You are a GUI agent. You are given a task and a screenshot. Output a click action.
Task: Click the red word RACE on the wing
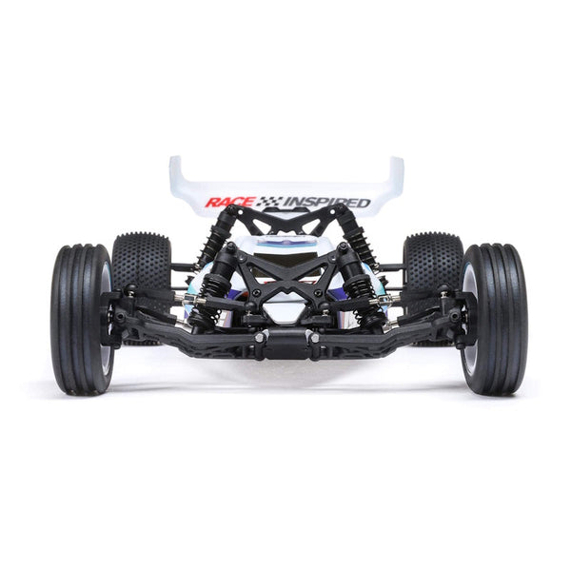tap(229, 202)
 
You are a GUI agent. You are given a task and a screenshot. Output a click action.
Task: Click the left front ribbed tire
tap(82, 318)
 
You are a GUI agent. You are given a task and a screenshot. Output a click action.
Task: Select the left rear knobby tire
tap(141, 263)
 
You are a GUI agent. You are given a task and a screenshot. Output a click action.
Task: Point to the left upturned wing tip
tap(176, 176)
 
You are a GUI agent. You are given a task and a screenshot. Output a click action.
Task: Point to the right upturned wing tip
tap(396, 176)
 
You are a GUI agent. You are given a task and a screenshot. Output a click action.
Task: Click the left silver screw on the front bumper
tap(260, 337)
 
